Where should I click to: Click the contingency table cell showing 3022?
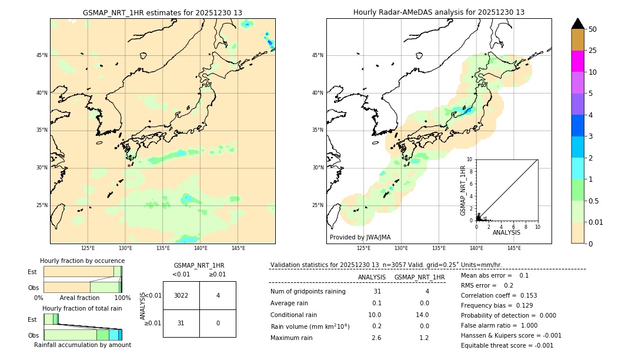point(181,295)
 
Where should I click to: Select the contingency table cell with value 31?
point(181,323)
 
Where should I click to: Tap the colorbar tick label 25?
point(593,51)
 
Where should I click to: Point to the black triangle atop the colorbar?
point(578,24)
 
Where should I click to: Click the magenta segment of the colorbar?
point(578,61)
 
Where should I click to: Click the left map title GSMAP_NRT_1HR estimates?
point(162,12)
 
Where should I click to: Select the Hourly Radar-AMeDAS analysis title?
point(439,12)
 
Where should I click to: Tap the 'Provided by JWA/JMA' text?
point(360,237)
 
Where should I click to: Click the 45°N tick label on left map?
point(42,55)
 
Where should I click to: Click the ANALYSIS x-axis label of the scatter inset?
point(506,233)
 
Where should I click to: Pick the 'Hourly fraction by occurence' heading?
point(82,261)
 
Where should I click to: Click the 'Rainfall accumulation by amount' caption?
point(82,345)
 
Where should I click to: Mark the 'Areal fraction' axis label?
point(80,298)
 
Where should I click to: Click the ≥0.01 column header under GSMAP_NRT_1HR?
point(217,274)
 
